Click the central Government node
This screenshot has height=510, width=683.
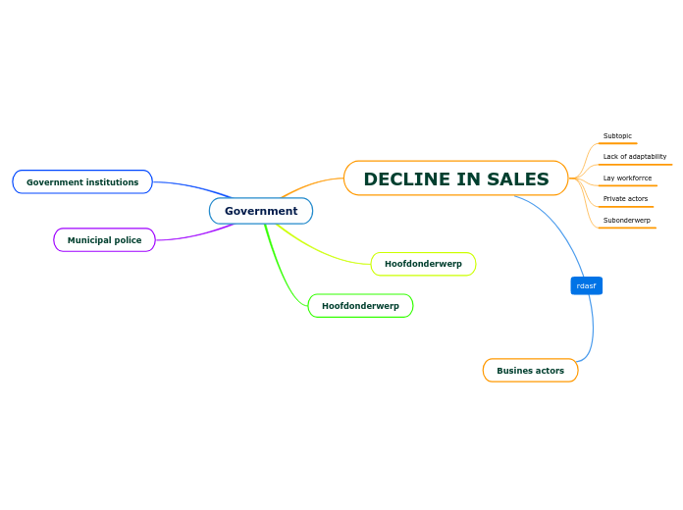[261, 211]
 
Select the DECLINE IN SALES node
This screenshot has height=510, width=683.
[455, 178]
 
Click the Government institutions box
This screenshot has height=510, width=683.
[82, 182]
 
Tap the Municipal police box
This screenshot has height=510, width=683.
[104, 240]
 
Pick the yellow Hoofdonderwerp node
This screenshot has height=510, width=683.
[423, 264]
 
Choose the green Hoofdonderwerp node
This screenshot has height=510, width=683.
[360, 306]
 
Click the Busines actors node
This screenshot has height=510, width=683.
[530, 371]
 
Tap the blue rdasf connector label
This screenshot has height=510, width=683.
[586, 285]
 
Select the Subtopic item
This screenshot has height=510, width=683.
[617, 136]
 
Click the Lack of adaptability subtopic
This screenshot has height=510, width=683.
[634, 157]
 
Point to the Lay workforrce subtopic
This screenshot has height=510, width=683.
[627, 178]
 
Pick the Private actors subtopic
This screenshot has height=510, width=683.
[625, 199]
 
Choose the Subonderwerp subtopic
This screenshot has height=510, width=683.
[626, 221]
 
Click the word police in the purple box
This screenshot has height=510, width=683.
[126, 240]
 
